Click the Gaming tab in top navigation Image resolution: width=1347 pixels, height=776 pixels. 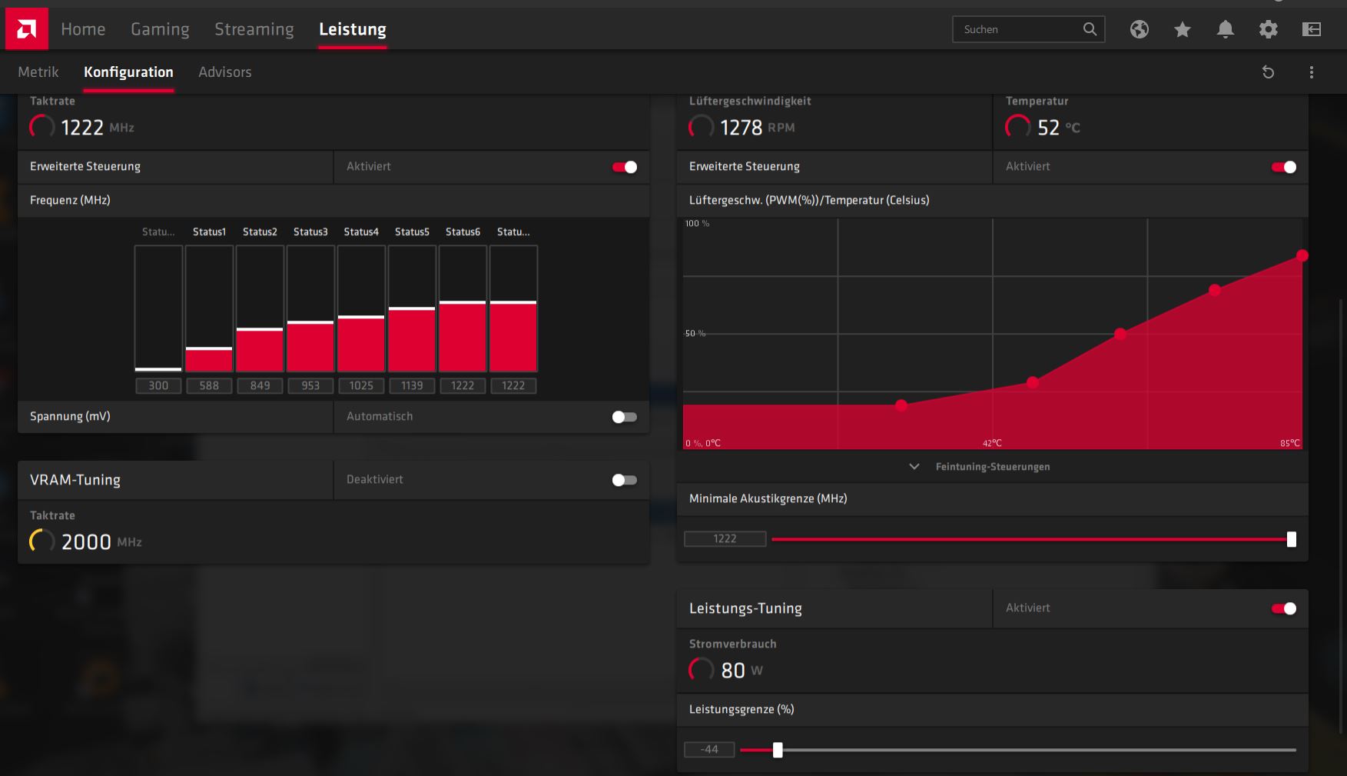[160, 29]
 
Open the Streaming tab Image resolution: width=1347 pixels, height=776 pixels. [254, 29]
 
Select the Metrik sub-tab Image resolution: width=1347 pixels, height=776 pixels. [38, 72]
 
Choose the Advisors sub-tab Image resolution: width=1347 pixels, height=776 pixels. [224, 72]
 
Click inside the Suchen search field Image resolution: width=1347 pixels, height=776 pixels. [1018, 29]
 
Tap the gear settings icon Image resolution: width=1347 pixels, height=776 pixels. [1268, 29]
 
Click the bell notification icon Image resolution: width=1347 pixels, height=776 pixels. [1225, 29]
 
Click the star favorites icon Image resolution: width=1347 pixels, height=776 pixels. [1182, 29]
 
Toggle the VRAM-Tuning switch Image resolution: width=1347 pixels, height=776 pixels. [624, 480]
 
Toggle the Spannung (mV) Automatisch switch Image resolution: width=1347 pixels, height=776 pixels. [624, 417]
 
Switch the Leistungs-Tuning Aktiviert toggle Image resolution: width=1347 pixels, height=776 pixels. [1283, 608]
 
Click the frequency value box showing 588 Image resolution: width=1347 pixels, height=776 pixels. [209, 385]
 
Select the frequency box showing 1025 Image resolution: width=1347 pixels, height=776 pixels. [361, 385]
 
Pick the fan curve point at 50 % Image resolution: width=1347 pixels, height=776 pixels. [1120, 334]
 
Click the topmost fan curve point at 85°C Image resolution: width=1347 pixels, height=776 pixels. [1302, 255]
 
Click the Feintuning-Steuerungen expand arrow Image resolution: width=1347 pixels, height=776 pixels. [914, 467]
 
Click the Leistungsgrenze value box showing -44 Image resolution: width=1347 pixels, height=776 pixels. [709, 749]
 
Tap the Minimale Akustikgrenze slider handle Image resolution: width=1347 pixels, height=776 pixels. [1291, 539]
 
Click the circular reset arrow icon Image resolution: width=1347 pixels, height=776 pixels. [1268, 72]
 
